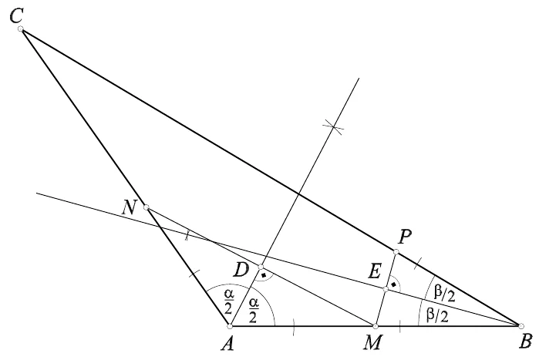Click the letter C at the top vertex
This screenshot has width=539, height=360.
click(16, 16)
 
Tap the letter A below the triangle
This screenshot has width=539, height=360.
click(227, 343)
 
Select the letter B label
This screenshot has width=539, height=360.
click(526, 341)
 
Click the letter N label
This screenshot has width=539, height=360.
click(130, 208)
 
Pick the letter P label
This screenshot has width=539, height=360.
click(405, 237)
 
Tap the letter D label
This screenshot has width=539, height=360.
click(241, 270)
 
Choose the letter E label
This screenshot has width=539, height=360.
click(375, 272)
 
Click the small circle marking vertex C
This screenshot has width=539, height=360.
click(21, 29)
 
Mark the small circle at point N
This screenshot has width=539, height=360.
click(146, 207)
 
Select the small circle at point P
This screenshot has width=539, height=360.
click(396, 252)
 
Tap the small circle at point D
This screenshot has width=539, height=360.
click(261, 267)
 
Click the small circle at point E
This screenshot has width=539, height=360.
click(386, 289)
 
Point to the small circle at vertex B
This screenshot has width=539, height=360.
click(521, 325)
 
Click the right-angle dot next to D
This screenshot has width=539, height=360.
click(264, 275)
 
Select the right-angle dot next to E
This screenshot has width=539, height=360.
click(393, 284)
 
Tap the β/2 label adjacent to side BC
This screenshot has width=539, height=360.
click(444, 294)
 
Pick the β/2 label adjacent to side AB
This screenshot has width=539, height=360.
click(437, 315)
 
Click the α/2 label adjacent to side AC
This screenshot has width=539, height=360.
click(228, 301)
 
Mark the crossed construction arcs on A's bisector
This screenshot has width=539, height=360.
click(333, 126)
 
